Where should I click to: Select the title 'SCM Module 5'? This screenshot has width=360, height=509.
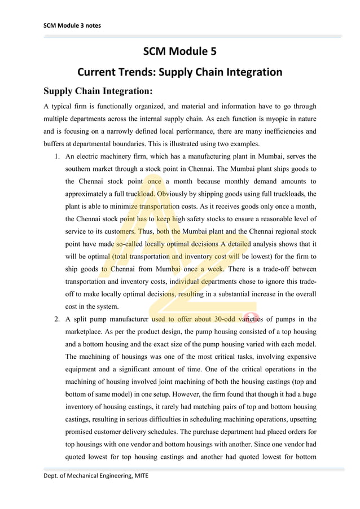pyautogui.click(x=179, y=52)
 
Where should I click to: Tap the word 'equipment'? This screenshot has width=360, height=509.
pyautogui.click(x=84, y=369)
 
